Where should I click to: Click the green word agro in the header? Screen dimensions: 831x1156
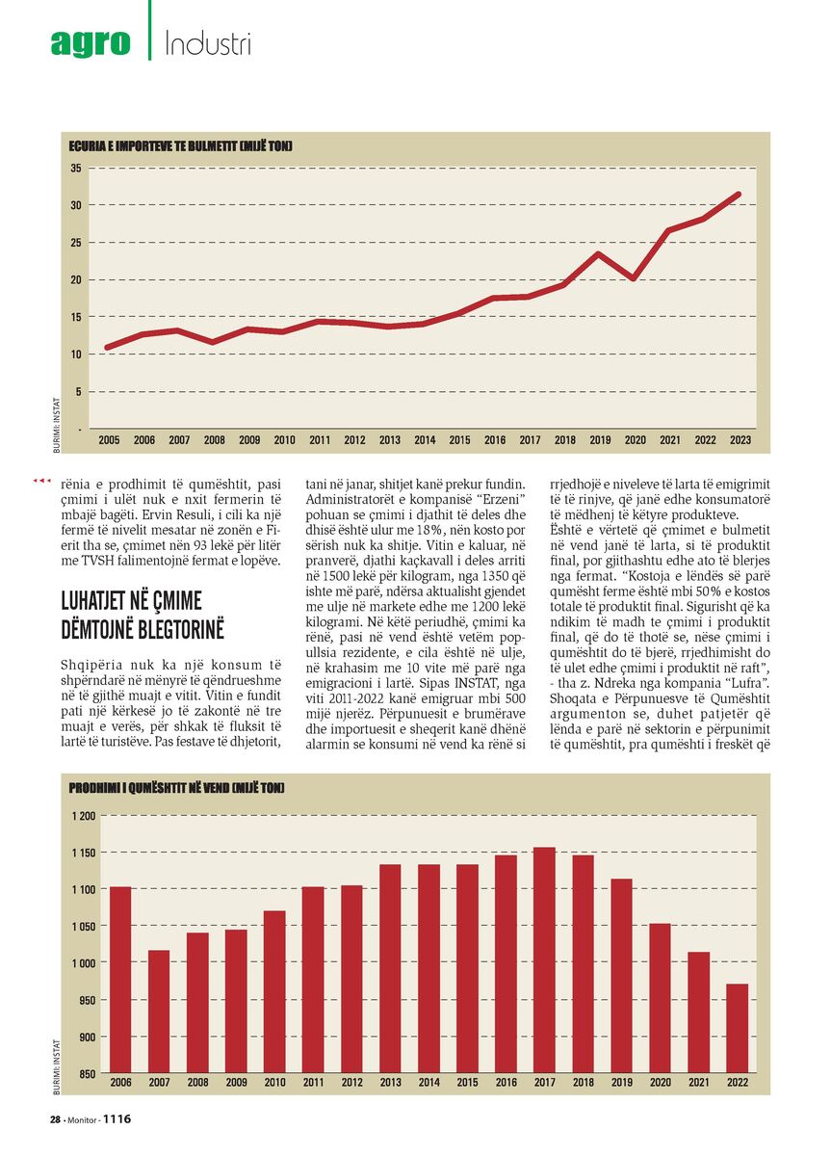pyautogui.click(x=91, y=43)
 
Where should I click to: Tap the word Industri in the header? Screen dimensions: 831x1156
pyautogui.click(x=208, y=43)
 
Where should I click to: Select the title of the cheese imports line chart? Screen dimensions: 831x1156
pyautogui.click(x=180, y=146)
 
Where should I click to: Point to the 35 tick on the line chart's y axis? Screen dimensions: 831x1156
pyautogui.click(x=76, y=168)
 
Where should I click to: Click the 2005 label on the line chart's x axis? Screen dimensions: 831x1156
pyautogui.click(x=109, y=440)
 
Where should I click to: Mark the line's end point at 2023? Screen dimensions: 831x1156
pyautogui.click(x=739, y=195)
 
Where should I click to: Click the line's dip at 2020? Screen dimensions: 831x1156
pyautogui.click(x=634, y=278)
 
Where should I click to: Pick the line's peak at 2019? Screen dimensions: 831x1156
pyautogui.click(x=598, y=253)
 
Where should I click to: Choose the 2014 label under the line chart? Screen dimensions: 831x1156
pyautogui.click(x=425, y=440)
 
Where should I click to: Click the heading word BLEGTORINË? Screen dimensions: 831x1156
pyautogui.click(x=143, y=630)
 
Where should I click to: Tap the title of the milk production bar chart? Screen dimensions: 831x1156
pyautogui.click(x=176, y=788)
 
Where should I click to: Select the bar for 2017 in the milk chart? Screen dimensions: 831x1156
pyautogui.click(x=544, y=959)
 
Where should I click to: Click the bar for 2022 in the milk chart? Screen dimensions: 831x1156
pyautogui.click(x=738, y=1028)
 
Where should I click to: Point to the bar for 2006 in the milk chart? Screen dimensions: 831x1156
pyautogui.click(x=120, y=979)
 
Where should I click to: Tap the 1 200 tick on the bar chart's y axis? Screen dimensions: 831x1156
pyautogui.click(x=84, y=816)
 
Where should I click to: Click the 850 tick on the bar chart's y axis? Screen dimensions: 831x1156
pyautogui.click(x=88, y=1074)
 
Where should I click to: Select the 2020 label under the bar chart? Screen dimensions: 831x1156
pyautogui.click(x=661, y=1082)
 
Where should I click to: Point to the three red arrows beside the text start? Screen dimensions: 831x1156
pyautogui.click(x=41, y=481)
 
